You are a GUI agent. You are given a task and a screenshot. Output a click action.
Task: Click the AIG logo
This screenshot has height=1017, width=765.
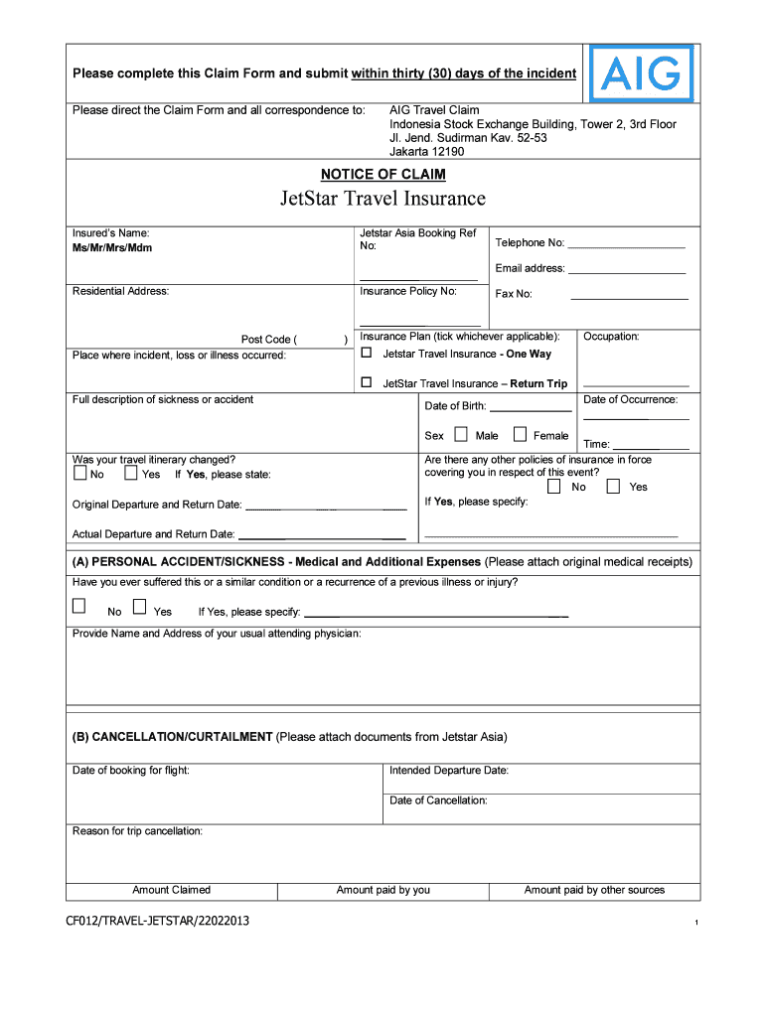pyautogui.click(x=642, y=73)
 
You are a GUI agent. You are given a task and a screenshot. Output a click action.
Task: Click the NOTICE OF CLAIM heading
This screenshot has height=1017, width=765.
pyautogui.click(x=383, y=175)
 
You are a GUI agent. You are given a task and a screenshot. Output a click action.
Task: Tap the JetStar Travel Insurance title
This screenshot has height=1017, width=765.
pyautogui.click(x=382, y=199)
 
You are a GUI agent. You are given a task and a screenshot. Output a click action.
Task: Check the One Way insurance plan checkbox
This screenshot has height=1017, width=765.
pyautogui.click(x=366, y=353)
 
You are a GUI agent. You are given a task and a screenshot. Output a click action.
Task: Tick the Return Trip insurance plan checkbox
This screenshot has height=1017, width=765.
pyautogui.click(x=366, y=382)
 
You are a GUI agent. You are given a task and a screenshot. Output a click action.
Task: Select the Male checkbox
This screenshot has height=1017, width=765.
pyautogui.click(x=461, y=434)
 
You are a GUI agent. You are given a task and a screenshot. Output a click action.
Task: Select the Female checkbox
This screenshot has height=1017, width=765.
pyautogui.click(x=520, y=434)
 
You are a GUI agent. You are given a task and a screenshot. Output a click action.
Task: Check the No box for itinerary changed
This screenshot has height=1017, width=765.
pyautogui.click(x=79, y=474)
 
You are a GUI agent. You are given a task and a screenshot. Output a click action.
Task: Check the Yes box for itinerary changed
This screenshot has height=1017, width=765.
pyautogui.click(x=131, y=474)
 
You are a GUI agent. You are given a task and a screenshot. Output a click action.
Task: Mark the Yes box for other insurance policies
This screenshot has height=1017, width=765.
pyautogui.click(x=613, y=487)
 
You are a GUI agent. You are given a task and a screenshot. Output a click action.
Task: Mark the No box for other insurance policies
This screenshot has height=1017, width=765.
pyautogui.click(x=553, y=487)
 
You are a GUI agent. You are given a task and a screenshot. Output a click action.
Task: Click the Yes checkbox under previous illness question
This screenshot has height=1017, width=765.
pyautogui.click(x=139, y=607)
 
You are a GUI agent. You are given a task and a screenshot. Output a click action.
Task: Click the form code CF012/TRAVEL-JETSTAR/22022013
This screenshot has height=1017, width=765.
pyautogui.click(x=158, y=921)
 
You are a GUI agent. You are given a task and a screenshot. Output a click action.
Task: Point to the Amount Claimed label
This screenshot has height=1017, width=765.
pyautogui.click(x=172, y=890)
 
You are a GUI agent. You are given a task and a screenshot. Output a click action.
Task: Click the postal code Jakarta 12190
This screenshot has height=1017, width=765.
pyautogui.click(x=426, y=152)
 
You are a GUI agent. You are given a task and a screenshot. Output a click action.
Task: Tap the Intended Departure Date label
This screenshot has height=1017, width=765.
pyautogui.click(x=449, y=771)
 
